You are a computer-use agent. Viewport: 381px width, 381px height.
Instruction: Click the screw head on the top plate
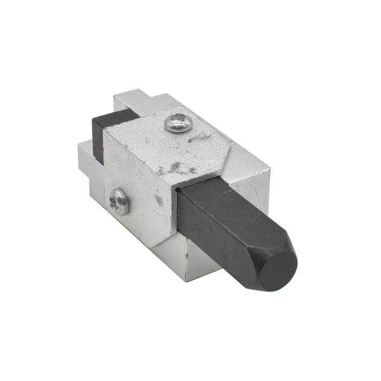[x=178, y=122]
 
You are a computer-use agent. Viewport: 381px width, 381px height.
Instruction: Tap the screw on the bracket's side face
[x=119, y=201]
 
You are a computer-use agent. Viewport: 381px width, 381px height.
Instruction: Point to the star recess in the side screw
[x=119, y=201]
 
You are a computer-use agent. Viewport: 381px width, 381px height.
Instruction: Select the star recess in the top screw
[x=178, y=122]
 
